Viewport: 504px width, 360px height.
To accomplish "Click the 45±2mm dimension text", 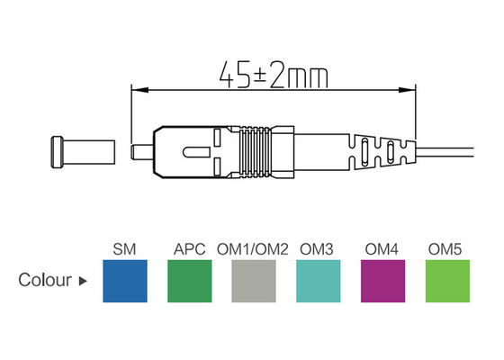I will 270,73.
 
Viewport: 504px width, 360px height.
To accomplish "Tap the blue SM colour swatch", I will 126,281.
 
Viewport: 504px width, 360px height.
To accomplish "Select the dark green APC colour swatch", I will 190,281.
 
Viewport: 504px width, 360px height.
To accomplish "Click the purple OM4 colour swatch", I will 382,281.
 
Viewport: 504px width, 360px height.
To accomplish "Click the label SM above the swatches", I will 125,248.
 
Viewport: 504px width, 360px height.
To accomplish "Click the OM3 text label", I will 317,248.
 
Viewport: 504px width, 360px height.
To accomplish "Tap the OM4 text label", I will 381,248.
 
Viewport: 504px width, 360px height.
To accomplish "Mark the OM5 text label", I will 445,248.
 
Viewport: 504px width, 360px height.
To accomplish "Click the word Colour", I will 45,280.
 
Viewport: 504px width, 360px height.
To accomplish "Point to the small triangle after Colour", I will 84,281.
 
